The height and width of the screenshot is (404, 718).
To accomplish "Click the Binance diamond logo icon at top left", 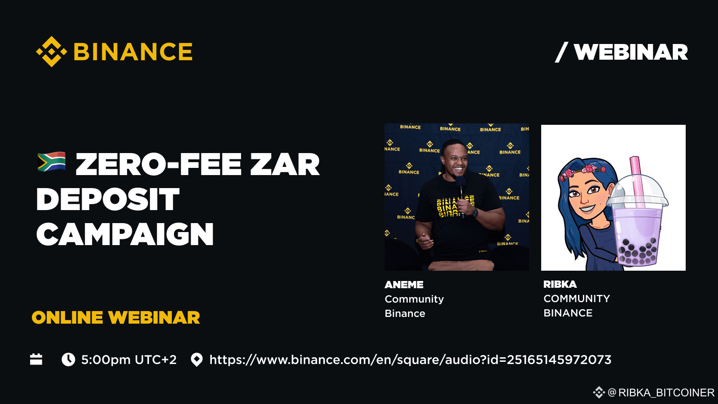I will tap(52, 52).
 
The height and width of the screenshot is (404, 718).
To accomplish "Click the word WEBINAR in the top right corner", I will tap(630, 53).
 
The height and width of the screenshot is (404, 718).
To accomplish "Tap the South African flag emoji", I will tap(52, 162).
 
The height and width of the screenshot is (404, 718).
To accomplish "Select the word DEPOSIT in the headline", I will tap(108, 199).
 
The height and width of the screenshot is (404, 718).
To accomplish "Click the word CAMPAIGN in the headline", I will tap(125, 234).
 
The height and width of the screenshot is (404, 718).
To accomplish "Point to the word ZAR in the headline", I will tap(285, 164).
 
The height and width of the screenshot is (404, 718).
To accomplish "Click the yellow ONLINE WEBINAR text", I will tap(116, 318).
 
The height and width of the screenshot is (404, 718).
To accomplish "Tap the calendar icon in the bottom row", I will tap(36, 360).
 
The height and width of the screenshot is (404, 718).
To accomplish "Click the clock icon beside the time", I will tap(68, 360).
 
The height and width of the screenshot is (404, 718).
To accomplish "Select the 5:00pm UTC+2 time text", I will tap(129, 360).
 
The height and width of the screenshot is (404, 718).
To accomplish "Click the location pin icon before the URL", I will tap(197, 360).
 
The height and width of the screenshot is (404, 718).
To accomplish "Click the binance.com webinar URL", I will tap(410, 360).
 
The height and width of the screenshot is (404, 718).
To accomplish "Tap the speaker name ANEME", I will tap(404, 285).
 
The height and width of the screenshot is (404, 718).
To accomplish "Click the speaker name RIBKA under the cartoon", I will tap(560, 284).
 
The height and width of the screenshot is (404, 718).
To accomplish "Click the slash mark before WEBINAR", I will tap(561, 53).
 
